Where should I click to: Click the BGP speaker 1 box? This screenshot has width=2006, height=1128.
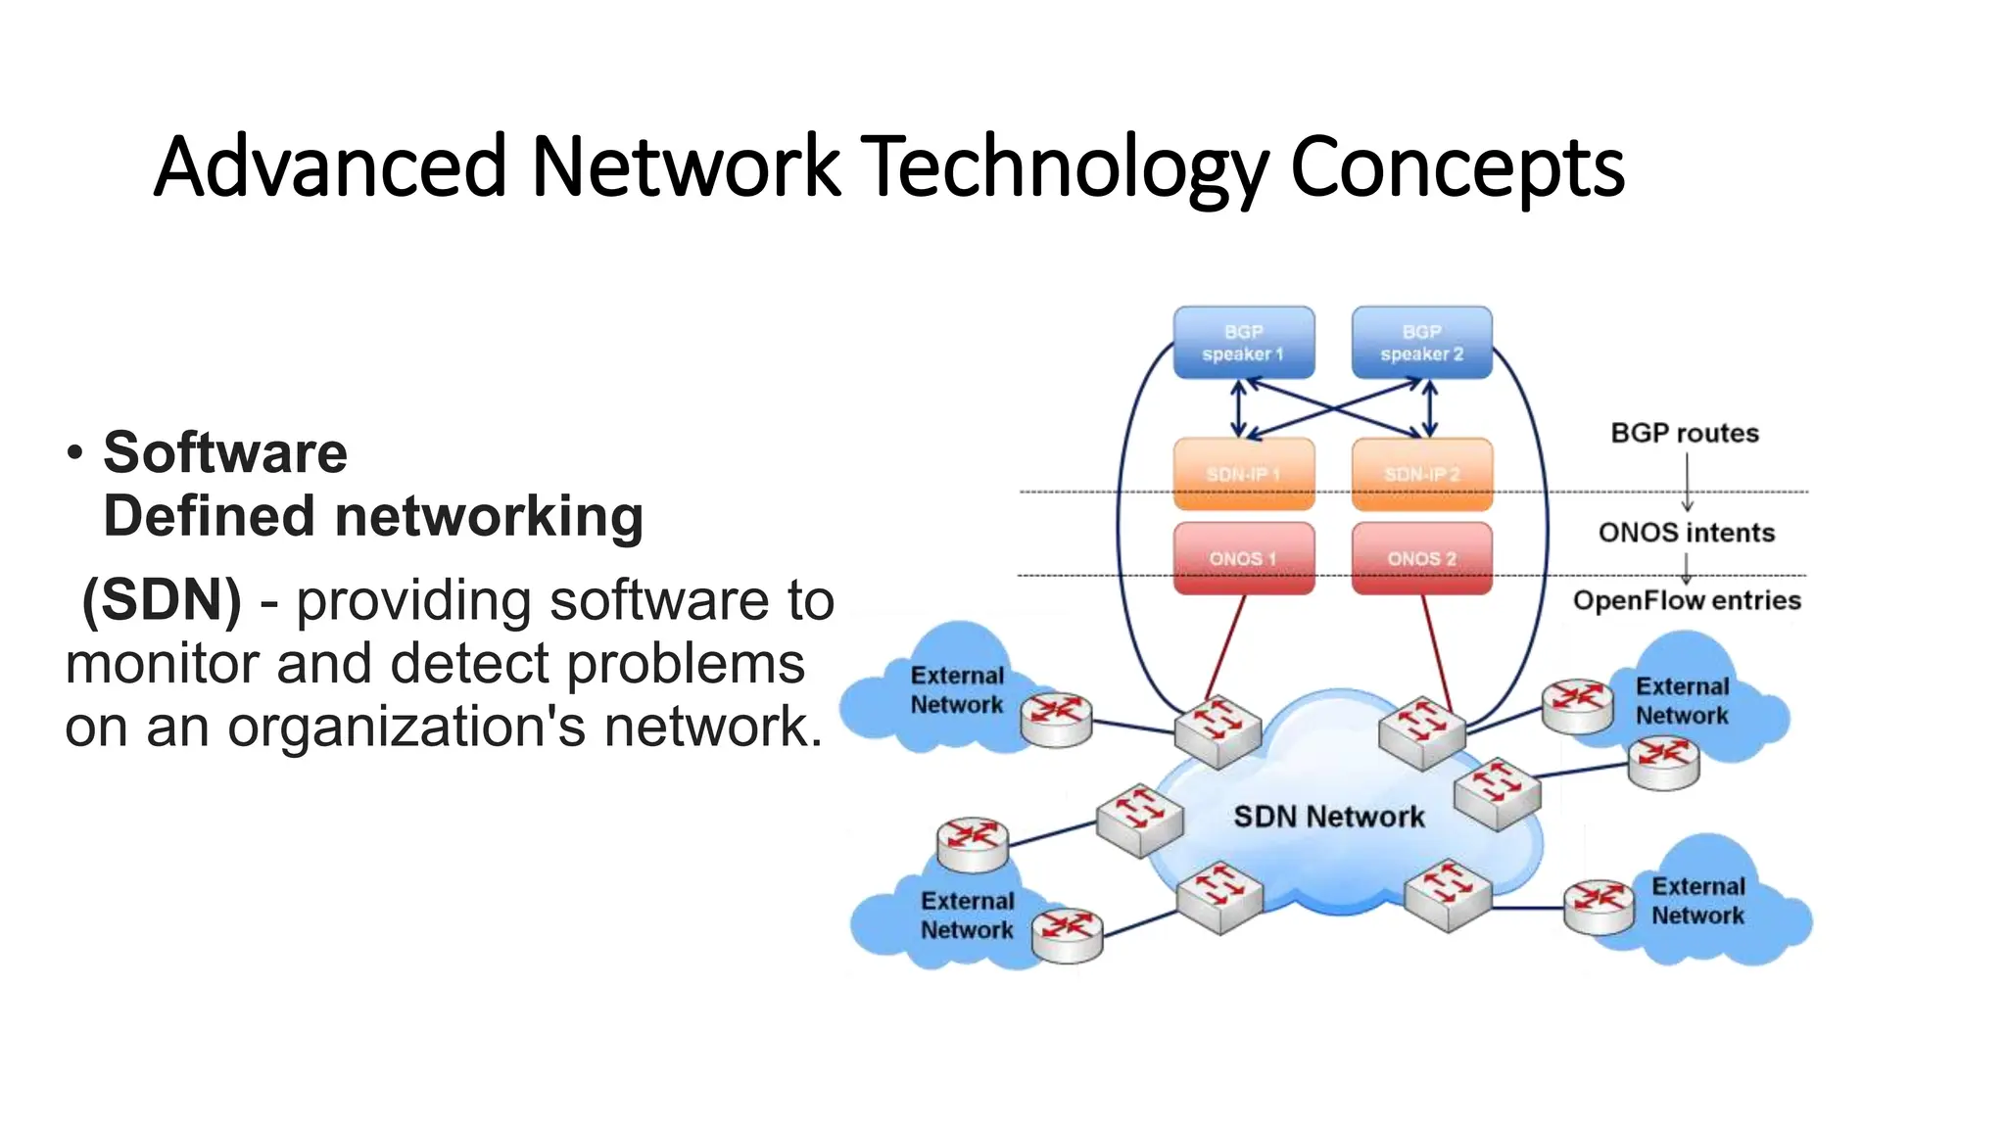[x=1243, y=343]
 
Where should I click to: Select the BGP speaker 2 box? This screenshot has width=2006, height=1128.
[x=1421, y=343]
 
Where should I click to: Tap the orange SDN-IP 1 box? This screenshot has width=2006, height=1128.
[x=1243, y=474]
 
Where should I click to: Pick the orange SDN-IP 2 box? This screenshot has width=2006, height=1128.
[x=1421, y=474]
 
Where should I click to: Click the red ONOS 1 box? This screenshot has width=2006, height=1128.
[x=1243, y=558]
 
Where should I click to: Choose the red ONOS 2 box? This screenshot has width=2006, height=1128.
[x=1421, y=558]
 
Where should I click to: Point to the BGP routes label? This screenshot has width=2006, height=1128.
[x=1684, y=433]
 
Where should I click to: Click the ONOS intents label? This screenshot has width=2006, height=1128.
[x=1686, y=533]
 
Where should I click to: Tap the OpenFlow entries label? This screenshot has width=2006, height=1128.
[x=1687, y=600]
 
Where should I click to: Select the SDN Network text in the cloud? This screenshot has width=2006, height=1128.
[x=1328, y=817]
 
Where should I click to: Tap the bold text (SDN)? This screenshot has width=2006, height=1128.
[x=162, y=599]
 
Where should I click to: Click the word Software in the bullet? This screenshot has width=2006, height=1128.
[x=225, y=452]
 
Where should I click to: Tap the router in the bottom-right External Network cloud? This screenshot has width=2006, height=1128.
[x=1599, y=906]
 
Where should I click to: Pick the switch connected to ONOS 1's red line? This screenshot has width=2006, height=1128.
[x=1218, y=729]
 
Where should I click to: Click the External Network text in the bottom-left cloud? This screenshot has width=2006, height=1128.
[x=967, y=915]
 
